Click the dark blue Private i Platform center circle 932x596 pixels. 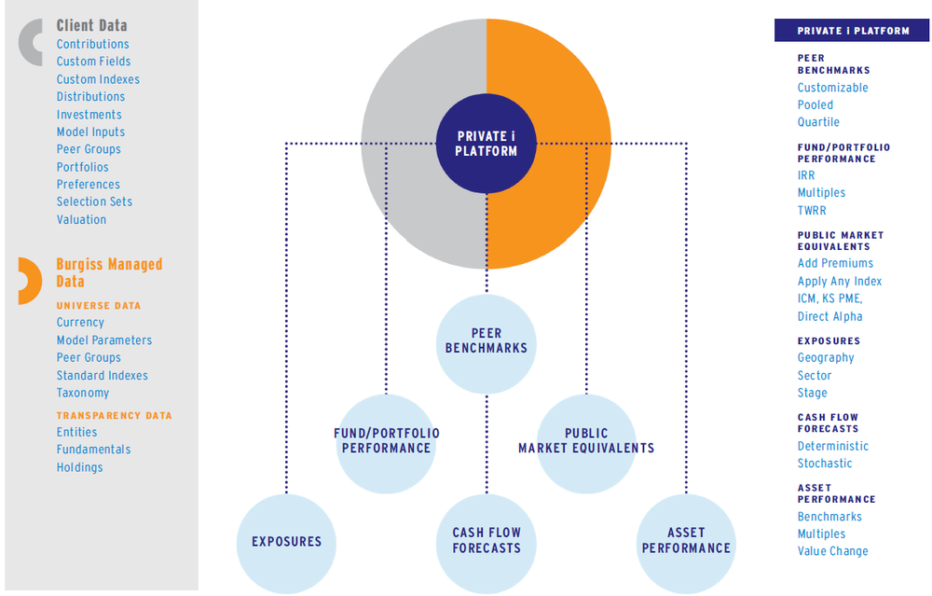click(487, 144)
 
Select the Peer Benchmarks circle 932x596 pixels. click(487, 341)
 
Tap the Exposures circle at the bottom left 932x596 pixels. click(286, 542)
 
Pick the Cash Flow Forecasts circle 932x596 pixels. click(487, 542)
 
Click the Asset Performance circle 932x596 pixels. click(686, 542)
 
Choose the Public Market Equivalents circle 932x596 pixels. click(586, 441)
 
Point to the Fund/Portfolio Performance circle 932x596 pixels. click(386, 441)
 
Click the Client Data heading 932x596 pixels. click(91, 25)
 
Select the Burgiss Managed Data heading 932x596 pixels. click(108, 272)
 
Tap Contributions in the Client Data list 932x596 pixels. click(92, 44)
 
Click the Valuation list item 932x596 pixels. click(81, 219)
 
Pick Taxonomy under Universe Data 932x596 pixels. click(82, 393)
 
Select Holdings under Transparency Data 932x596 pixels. click(79, 467)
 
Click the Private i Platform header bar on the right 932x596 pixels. click(853, 31)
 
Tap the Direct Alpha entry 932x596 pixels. click(829, 316)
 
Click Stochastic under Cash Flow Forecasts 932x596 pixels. click(824, 463)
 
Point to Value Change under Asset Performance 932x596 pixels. click(832, 551)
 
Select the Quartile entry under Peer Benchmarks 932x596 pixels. click(818, 122)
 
